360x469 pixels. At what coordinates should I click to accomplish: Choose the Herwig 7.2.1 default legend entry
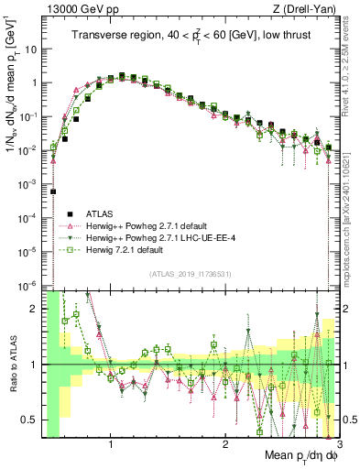coord(124,249)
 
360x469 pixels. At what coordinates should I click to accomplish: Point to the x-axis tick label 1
coord(112,446)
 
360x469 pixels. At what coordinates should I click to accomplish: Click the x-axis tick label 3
coord(338,446)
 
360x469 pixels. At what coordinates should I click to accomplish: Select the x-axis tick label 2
coord(225,446)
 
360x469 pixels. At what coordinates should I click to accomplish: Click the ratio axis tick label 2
coord(35,309)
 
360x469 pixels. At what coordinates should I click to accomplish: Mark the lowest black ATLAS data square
coord(53,191)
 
